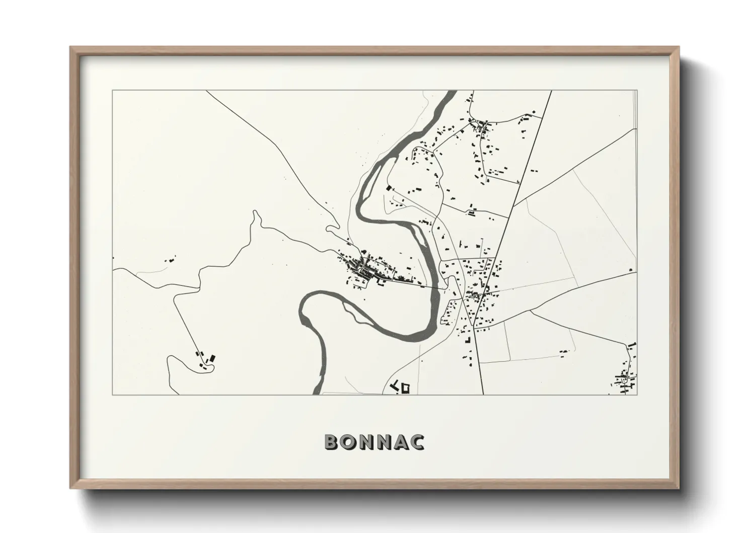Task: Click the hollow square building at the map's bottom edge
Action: click(405, 388)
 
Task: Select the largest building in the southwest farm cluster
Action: click(212, 358)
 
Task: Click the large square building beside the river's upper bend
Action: click(388, 188)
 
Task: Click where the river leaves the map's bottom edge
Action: click(316, 391)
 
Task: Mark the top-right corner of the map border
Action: click(637, 91)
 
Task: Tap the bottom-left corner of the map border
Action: click(112, 394)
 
